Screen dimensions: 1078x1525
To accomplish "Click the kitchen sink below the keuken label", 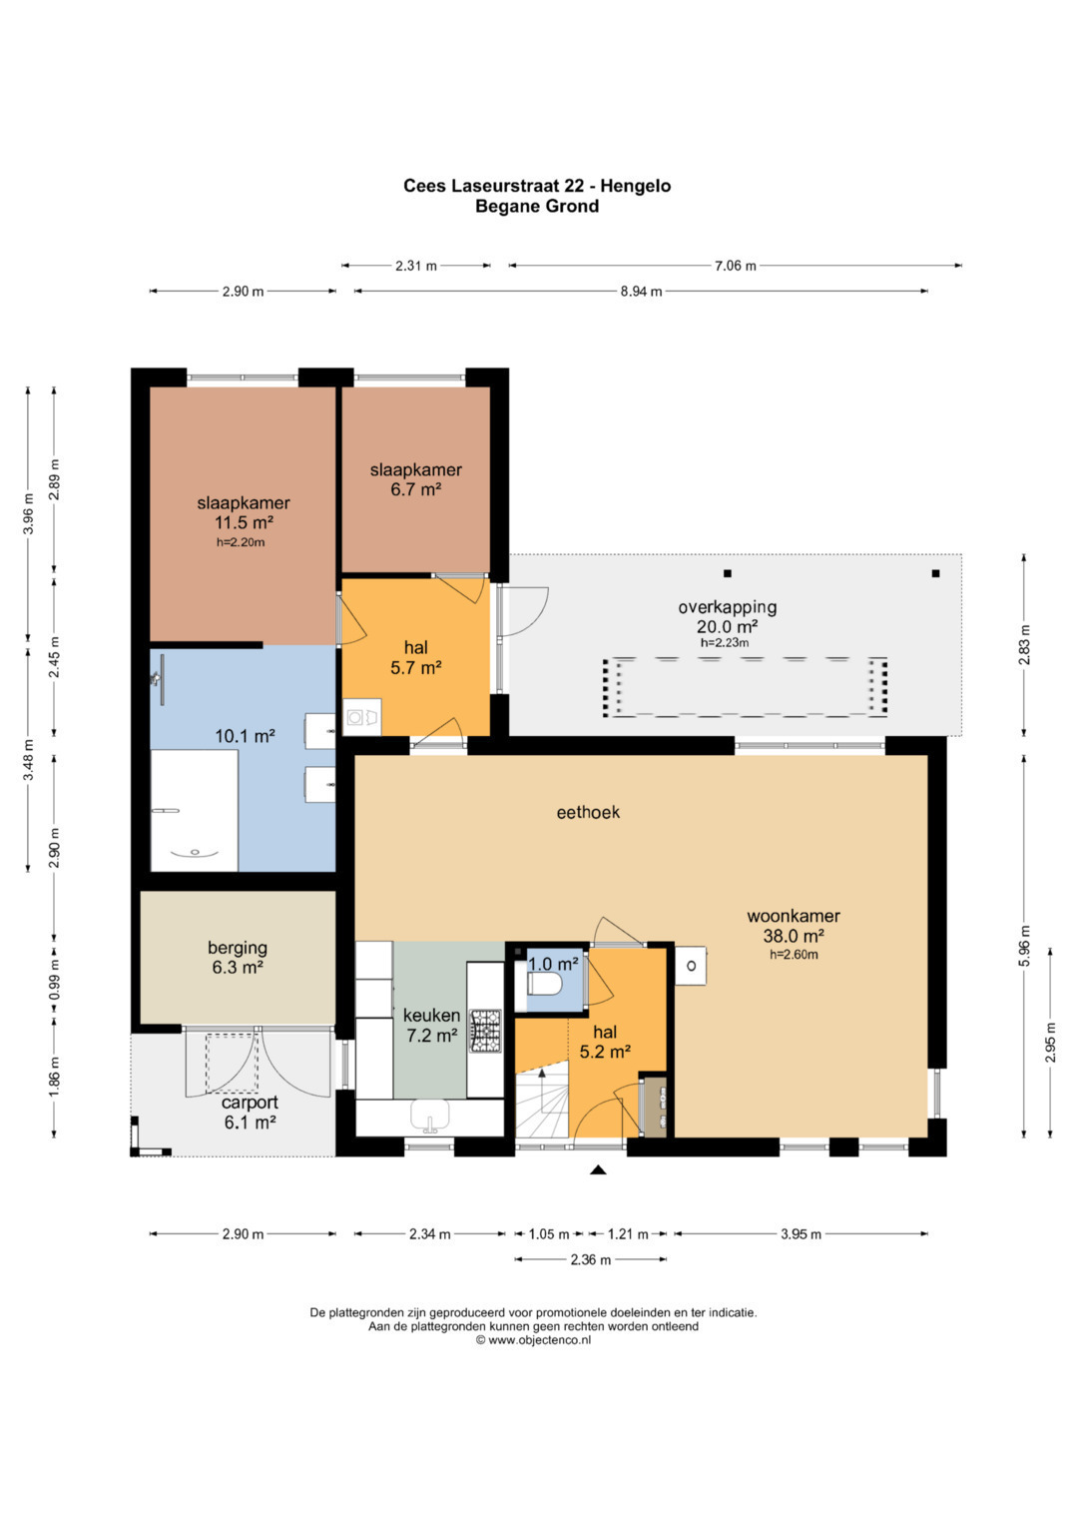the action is [430, 1116].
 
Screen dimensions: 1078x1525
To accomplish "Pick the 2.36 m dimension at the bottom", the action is [590, 1259].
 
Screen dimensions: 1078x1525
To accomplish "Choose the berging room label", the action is [238, 949].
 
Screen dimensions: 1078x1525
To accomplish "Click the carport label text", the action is [250, 1103].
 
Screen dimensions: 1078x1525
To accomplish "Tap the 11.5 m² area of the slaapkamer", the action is [244, 523].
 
